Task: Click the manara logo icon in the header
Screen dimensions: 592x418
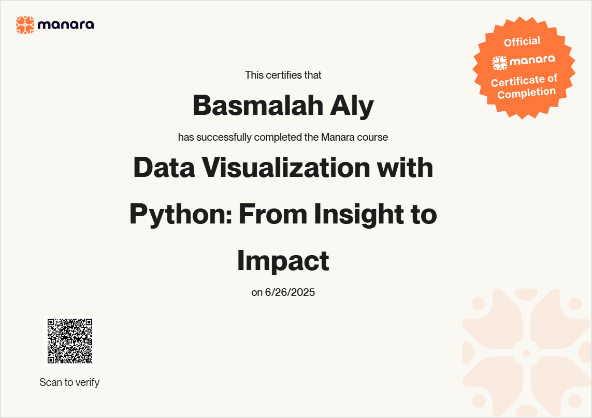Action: click(x=25, y=25)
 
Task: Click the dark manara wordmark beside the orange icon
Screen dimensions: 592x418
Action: click(x=66, y=25)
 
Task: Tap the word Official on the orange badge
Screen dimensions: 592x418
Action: click(x=522, y=41)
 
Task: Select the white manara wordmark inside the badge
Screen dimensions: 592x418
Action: click(x=532, y=60)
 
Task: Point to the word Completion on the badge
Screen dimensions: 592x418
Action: click(x=526, y=93)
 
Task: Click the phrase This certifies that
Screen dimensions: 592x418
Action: click(x=283, y=75)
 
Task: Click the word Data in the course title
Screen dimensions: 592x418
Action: click(x=164, y=168)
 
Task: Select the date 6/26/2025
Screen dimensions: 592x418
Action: click(x=290, y=292)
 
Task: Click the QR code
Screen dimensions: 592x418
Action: click(x=70, y=341)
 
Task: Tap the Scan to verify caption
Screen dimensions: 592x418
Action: click(x=69, y=382)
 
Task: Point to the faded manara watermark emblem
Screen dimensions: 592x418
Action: click(x=526, y=353)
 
